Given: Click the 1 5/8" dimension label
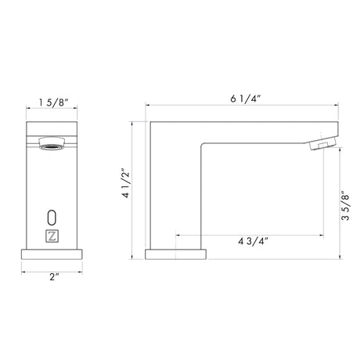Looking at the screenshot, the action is tap(53, 103).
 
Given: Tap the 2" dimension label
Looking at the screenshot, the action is tap(54, 277).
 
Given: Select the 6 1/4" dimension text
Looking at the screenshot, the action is tap(245, 99).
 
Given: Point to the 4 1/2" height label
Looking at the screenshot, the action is tap(126, 183).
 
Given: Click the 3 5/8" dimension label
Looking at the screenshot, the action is tap(345, 206).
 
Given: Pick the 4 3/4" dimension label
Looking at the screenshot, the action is tap(253, 241).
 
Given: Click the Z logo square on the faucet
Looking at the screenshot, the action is tap(52, 236).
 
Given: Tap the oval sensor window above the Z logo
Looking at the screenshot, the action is tap(52, 218).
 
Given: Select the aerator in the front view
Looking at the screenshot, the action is tap(52, 143).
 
